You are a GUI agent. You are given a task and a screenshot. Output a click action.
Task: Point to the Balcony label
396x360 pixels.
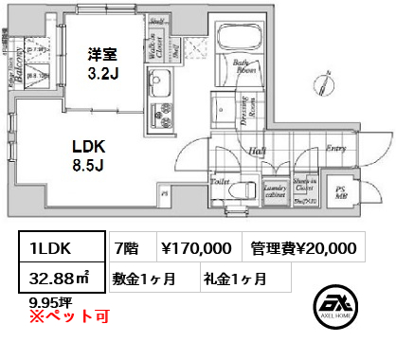(x=13, y=67)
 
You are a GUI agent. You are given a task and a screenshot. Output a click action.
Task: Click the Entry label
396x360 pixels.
(x=335, y=148)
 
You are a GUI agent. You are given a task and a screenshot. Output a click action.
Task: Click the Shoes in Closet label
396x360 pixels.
(x=305, y=190)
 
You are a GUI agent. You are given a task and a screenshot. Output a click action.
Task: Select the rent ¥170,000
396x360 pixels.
(x=194, y=248)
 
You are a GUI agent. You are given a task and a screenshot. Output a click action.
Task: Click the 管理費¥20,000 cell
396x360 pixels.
(x=303, y=248)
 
